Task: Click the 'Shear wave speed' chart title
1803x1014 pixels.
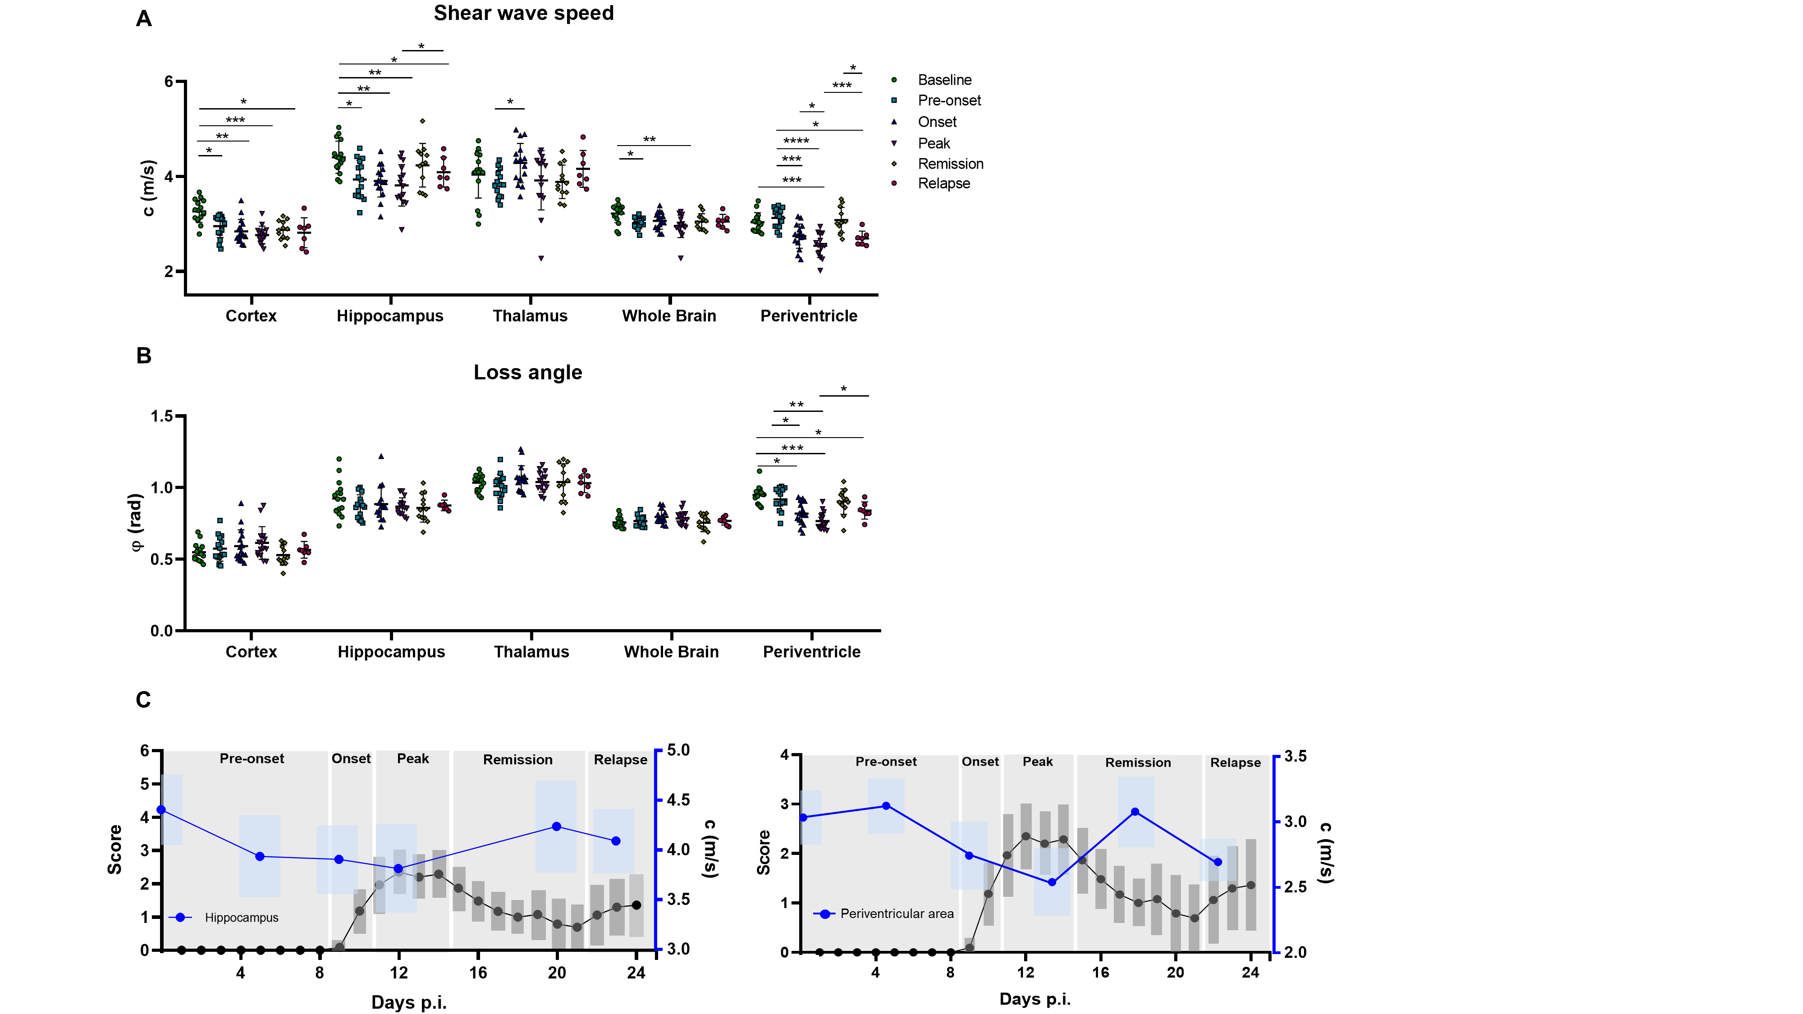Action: click(523, 14)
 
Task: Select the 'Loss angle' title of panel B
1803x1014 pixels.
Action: click(528, 372)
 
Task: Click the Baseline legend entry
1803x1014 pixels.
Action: click(944, 80)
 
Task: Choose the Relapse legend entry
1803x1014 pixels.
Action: click(943, 183)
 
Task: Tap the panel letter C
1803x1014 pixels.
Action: click(143, 700)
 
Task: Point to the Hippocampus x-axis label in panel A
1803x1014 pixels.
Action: click(390, 315)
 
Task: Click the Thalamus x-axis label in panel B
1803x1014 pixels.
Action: click(531, 652)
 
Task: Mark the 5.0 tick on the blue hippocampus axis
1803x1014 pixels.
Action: click(677, 750)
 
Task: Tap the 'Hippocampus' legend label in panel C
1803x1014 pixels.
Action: click(242, 918)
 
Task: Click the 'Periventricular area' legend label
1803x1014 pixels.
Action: click(897, 913)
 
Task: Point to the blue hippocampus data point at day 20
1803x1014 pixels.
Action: click(556, 827)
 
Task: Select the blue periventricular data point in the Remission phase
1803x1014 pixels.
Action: click(1135, 812)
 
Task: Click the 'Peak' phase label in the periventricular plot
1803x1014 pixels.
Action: click(1037, 761)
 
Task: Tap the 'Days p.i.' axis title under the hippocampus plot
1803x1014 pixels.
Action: click(409, 1002)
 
